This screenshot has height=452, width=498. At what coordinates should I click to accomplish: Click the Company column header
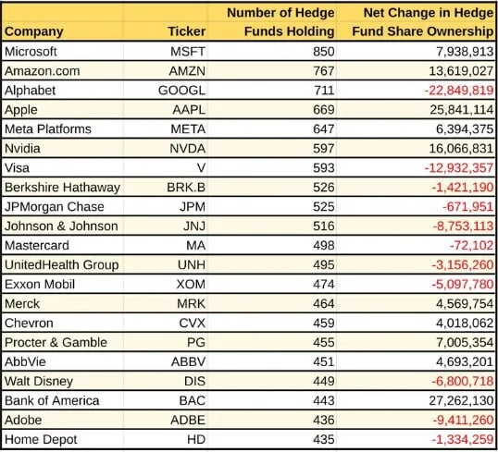click(x=34, y=31)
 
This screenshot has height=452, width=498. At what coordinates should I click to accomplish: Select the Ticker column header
click(x=187, y=31)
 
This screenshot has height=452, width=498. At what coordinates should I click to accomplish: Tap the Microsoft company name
click(x=31, y=52)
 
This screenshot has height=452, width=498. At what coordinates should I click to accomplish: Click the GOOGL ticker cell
click(x=182, y=91)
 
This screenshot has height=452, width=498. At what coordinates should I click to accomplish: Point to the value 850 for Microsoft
click(x=324, y=52)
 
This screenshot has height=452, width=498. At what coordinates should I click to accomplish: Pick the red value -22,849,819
click(x=459, y=91)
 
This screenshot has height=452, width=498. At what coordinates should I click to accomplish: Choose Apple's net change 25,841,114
click(x=462, y=110)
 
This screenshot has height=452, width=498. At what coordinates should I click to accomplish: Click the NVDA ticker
click(x=188, y=149)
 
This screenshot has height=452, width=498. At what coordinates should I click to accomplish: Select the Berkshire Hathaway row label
click(x=62, y=187)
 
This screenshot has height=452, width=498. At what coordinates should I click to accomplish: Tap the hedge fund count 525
click(x=324, y=207)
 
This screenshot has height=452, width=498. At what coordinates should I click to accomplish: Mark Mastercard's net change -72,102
click(x=471, y=246)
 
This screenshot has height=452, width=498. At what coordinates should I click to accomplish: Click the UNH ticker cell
click(x=192, y=265)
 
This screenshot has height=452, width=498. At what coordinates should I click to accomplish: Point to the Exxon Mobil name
click(x=40, y=284)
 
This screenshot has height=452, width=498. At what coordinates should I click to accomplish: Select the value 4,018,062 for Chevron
click(x=465, y=323)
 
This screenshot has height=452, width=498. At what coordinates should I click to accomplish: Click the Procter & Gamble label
click(x=56, y=342)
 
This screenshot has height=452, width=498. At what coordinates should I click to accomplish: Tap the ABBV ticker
click(x=188, y=361)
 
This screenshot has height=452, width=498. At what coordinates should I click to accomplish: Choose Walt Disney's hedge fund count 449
click(x=324, y=381)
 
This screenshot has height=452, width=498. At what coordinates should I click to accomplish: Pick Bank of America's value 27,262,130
click(x=461, y=400)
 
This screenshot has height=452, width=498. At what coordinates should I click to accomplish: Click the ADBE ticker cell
click(x=188, y=420)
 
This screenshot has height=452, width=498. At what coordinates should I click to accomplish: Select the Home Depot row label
click(x=41, y=439)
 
